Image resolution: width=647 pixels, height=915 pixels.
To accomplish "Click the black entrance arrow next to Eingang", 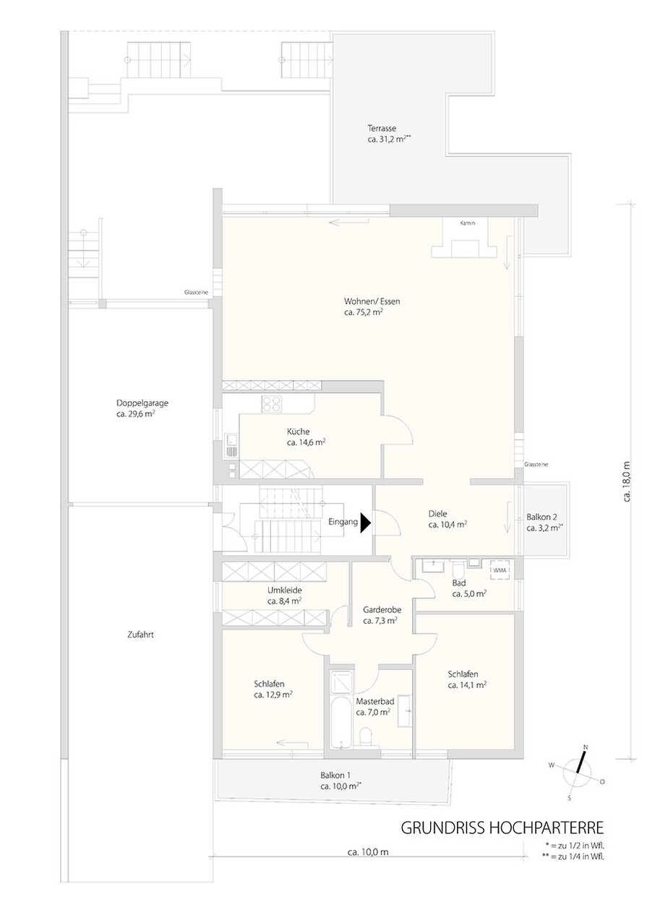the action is [x=365, y=523].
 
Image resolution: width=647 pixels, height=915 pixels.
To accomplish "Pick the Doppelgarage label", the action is [x=142, y=403].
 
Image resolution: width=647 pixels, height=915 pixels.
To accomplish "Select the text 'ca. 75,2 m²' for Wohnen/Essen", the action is [x=363, y=312].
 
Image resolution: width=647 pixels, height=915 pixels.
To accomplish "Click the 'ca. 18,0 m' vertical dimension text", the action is [x=627, y=481].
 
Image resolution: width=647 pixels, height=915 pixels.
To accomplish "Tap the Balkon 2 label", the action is [x=541, y=517].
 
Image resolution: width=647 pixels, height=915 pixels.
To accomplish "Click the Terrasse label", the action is [x=382, y=128].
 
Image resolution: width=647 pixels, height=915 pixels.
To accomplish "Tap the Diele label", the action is [x=437, y=513].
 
